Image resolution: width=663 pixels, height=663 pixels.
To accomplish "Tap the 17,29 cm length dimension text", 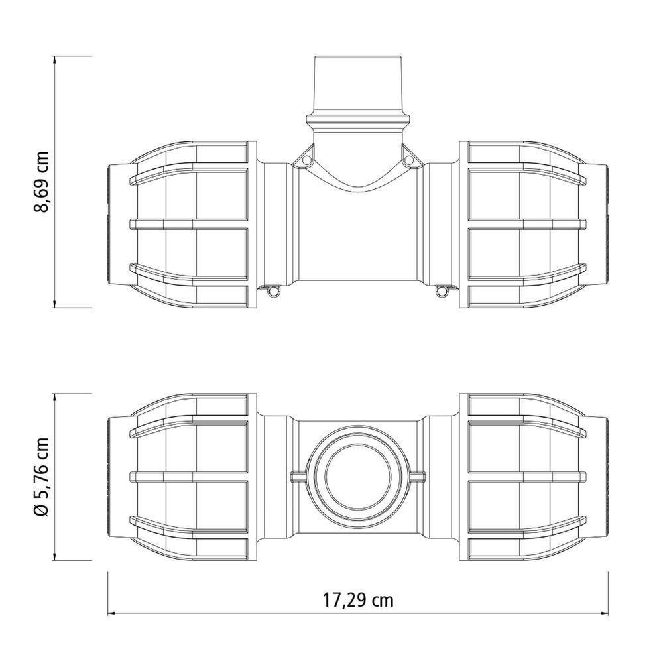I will click(x=358, y=601).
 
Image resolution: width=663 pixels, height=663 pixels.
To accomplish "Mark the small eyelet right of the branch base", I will click(x=409, y=160).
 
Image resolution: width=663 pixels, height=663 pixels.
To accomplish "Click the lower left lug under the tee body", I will click(x=272, y=290).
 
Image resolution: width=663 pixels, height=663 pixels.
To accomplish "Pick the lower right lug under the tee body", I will click(x=442, y=290).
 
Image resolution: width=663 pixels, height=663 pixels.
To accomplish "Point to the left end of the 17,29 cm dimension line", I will click(x=108, y=611).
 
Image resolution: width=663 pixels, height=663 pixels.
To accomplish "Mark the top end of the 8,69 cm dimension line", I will click(x=54, y=57).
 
